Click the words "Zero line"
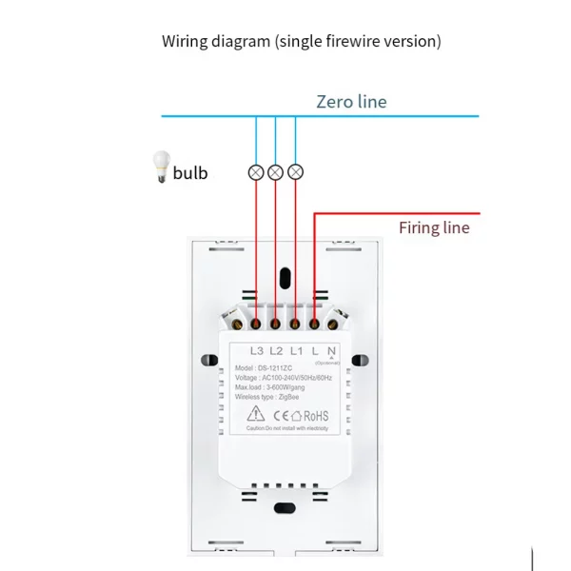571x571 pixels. click(x=351, y=102)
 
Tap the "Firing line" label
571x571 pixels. click(x=433, y=227)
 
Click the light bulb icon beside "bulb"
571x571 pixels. click(x=158, y=168)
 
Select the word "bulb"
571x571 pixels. click(x=190, y=173)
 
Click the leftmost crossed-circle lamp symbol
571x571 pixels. click(x=256, y=172)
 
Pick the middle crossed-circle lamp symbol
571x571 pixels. click(x=276, y=172)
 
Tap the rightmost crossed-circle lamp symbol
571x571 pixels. click(x=296, y=172)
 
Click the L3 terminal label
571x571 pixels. click(x=257, y=351)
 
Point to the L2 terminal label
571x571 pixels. click(x=278, y=351)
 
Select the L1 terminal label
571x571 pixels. click(x=297, y=351)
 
